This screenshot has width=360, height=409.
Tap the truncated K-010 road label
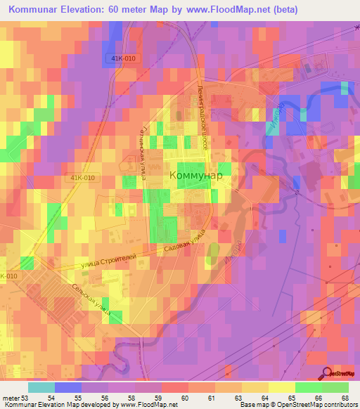(8, 276)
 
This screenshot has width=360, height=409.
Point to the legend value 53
(25, 398)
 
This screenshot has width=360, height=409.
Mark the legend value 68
(345, 398)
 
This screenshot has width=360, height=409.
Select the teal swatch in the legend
(41, 387)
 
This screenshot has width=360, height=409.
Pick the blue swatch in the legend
(67, 387)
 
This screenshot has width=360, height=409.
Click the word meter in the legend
(10, 398)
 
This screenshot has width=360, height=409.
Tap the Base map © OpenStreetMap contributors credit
(299, 405)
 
